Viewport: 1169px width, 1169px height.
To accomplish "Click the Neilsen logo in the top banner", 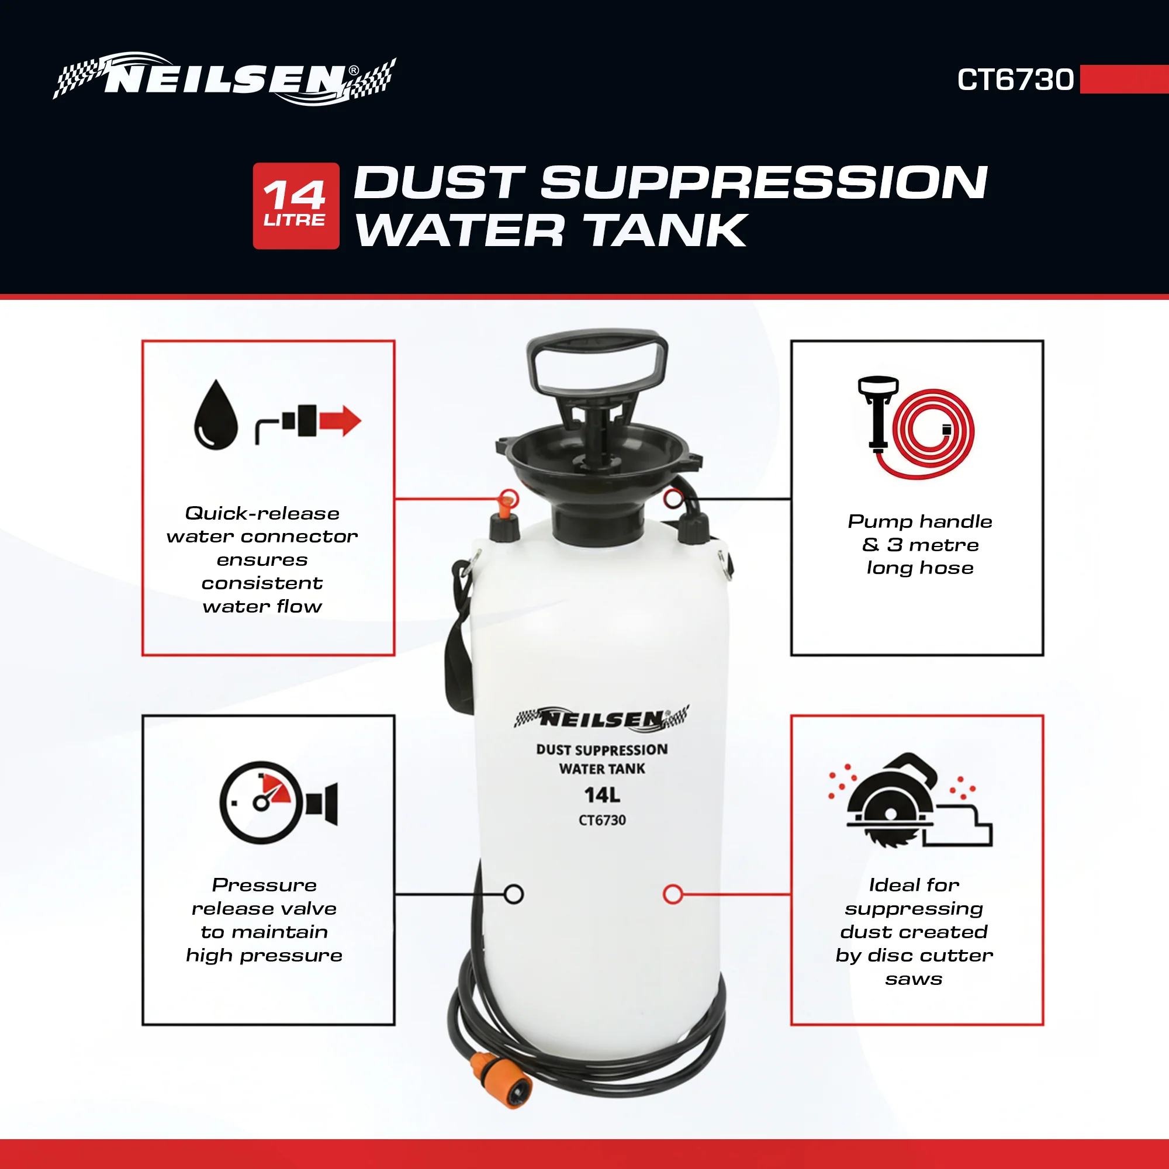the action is tap(224, 79).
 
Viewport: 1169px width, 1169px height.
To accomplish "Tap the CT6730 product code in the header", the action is tap(1015, 80).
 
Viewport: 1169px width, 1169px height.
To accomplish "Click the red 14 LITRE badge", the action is tap(296, 206).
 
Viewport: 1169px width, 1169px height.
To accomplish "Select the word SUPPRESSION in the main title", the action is tap(764, 182).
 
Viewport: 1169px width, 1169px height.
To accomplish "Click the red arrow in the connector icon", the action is tap(341, 420).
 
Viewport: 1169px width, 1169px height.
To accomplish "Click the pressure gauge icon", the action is tap(261, 803).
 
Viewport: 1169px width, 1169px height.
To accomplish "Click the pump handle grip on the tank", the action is tap(597, 361).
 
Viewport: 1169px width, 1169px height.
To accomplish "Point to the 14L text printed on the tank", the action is tap(602, 795).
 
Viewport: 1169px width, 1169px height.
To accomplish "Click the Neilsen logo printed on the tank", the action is tap(601, 718).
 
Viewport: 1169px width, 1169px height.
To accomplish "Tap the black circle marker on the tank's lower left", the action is tap(514, 894).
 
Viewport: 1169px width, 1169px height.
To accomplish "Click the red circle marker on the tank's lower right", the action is tap(673, 894).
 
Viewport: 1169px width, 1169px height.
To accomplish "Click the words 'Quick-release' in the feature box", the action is tap(262, 513).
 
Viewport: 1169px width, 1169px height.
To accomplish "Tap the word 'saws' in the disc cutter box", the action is tap(914, 979).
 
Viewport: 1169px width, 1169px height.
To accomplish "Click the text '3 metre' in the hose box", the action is tap(932, 545).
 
